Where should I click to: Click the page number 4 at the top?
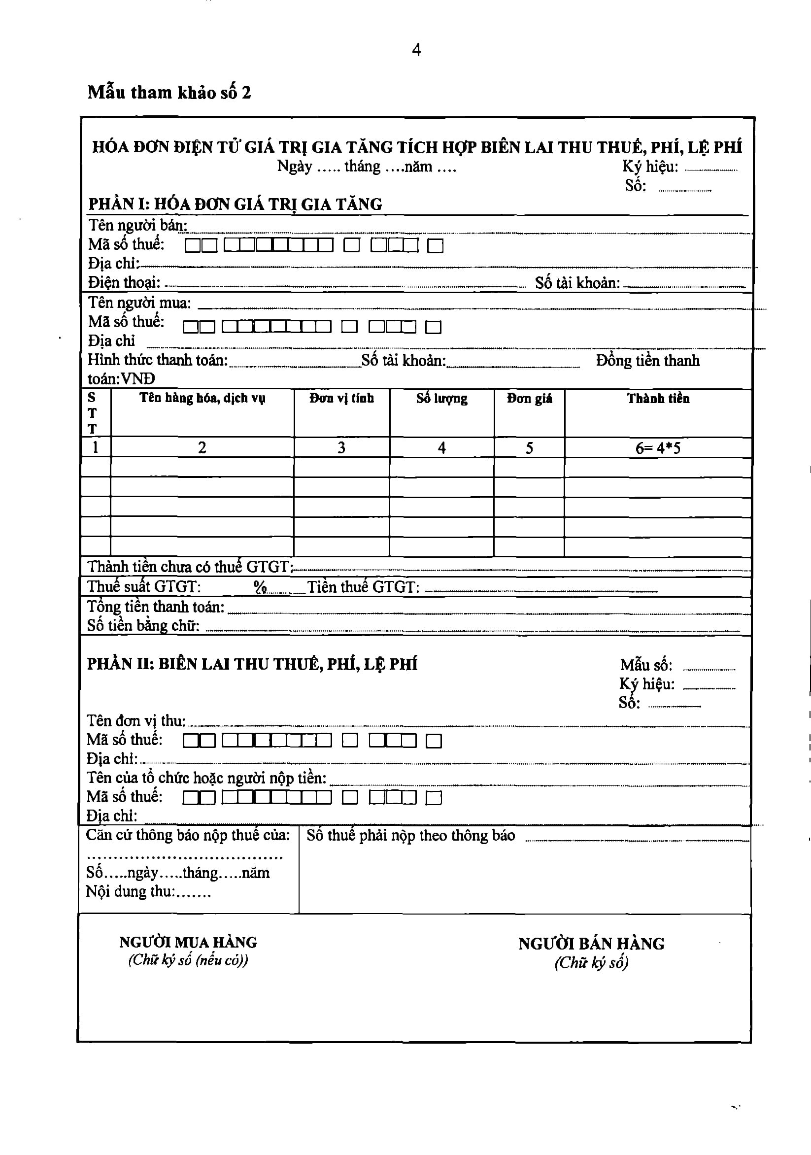[x=416, y=50]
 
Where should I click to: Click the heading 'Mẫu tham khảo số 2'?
[x=169, y=93]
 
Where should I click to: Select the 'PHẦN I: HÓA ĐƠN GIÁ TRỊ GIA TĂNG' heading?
[x=235, y=204]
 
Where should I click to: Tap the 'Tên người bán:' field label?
[x=137, y=225]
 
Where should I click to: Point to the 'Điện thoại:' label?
[x=124, y=283]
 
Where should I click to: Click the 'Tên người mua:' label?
[x=139, y=303]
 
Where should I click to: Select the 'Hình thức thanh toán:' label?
[x=158, y=360]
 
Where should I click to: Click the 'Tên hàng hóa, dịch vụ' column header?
[x=202, y=399]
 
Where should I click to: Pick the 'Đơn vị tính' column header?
[x=341, y=399]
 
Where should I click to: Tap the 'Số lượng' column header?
[x=442, y=399]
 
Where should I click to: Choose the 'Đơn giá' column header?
[x=529, y=399]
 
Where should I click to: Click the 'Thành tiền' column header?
[x=658, y=399]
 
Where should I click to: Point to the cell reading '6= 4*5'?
[x=658, y=448]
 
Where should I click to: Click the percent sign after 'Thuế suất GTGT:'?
[x=260, y=587]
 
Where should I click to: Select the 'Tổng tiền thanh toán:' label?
[x=156, y=607]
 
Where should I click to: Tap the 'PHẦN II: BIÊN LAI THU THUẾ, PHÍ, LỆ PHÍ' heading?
[x=252, y=665]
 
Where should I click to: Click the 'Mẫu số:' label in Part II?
[x=646, y=665]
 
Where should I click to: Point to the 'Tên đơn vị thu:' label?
[x=136, y=721]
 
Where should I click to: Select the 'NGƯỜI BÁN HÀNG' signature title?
[x=591, y=944]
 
